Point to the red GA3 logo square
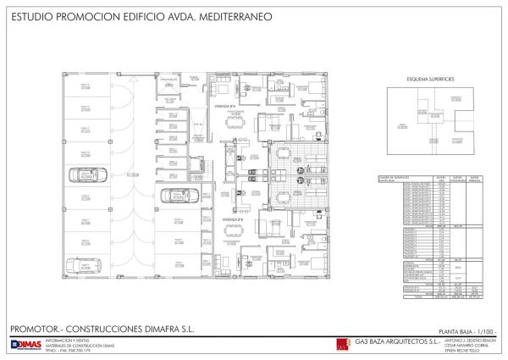click(340, 344)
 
